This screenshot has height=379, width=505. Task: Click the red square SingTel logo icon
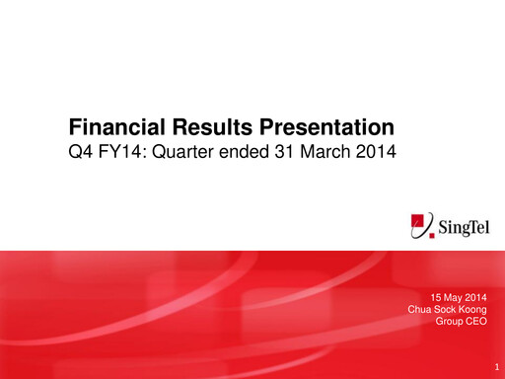pos(423,225)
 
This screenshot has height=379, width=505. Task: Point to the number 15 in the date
pos(438,297)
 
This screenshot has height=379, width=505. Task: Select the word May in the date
pos(457,297)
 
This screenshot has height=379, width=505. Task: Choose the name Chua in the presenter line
pos(419,309)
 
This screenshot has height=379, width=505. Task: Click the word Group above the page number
pos(451,322)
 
